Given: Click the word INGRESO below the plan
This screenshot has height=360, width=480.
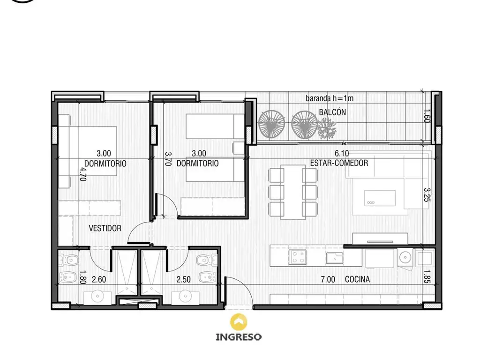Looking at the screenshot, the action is (239, 337).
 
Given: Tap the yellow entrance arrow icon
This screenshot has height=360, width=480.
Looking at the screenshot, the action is (239, 322).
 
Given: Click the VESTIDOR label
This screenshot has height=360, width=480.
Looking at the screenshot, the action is (105, 228).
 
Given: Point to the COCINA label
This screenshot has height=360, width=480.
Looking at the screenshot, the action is (357, 279).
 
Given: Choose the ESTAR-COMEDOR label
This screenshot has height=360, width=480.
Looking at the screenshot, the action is (339, 163).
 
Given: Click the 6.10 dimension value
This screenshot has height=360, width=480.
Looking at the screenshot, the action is (342, 153).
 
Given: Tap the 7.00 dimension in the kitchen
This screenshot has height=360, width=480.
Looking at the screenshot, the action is (328, 279).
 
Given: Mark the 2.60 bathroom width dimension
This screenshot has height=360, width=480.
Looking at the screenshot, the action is (99, 279).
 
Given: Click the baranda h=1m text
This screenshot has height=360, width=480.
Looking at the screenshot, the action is (330, 98).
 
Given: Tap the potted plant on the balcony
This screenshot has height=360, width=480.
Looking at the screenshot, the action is (326, 128).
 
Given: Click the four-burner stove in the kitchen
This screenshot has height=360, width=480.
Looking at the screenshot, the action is (297, 257).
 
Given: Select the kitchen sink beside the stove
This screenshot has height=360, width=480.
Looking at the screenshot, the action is (335, 258).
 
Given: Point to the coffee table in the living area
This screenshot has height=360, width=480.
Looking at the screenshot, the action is (380, 198).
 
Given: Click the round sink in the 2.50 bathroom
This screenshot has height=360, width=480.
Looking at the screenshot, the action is (185, 296).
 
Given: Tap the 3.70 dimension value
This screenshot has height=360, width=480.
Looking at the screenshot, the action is (168, 159).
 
